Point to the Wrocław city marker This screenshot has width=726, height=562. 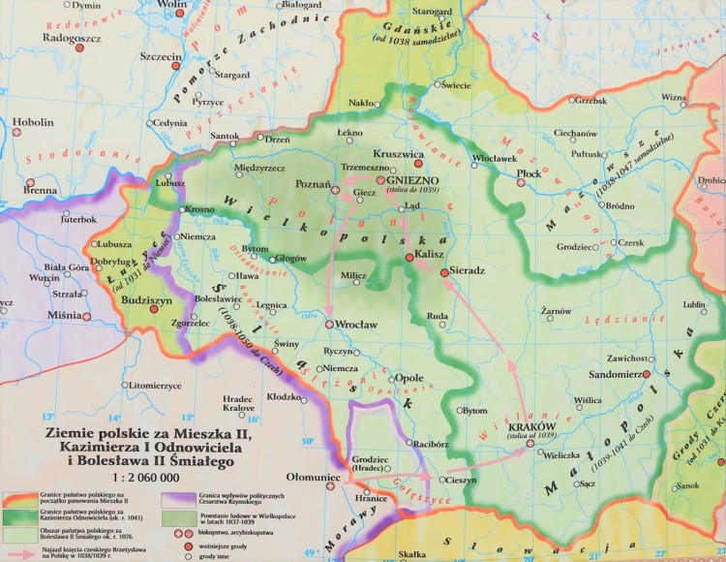[x=330, y=324]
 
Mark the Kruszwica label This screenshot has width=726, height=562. [x=400, y=154]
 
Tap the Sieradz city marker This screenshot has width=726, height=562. [x=444, y=273]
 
